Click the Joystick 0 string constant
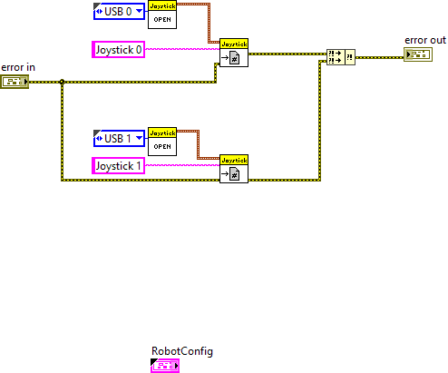pyautogui.click(x=119, y=49)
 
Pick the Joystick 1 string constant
pyautogui.click(x=119, y=165)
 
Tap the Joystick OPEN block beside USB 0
pyautogui.click(x=161, y=15)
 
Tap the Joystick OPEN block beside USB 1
pyautogui.click(x=161, y=142)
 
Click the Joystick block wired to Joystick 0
pyautogui.click(x=234, y=54)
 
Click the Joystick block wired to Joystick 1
pyautogui.click(x=234, y=169)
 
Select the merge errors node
pyautogui.click(x=340, y=57)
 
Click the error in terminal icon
pyautogui.click(x=15, y=82)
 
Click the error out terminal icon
pyautogui.click(x=418, y=55)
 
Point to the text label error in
pyautogui.click(x=17, y=67)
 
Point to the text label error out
pyautogui.click(x=424, y=41)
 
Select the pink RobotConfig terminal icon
pyautogui.click(x=165, y=366)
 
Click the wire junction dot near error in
pyautogui.click(x=61, y=83)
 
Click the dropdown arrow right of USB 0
pyautogui.click(x=139, y=12)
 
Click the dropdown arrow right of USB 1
pyautogui.click(x=139, y=138)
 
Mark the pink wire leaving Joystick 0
pyautogui.click(x=181, y=49)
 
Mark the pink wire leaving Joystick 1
pyautogui.click(x=181, y=165)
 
